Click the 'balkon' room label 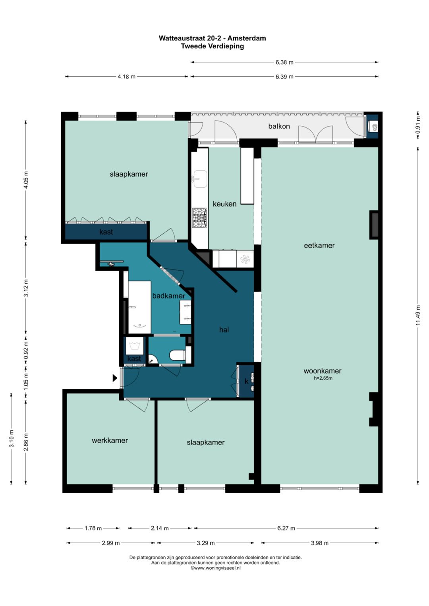pyautogui.click(x=279, y=126)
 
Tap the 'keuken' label pyautogui.click(x=224, y=204)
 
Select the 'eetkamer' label pyautogui.click(x=319, y=245)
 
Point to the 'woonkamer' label pyautogui.click(x=322, y=371)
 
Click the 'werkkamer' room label pyautogui.click(x=110, y=441)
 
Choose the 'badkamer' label pyautogui.click(x=169, y=296)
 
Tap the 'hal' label pyautogui.click(x=224, y=329)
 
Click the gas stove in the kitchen pyautogui.click(x=199, y=217)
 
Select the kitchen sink pyautogui.click(x=200, y=179)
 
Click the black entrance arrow pyautogui.click(x=115, y=378)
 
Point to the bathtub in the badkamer pyautogui.click(x=139, y=307)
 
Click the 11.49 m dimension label pyautogui.click(x=418, y=315)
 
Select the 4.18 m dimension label pyautogui.click(x=126, y=77)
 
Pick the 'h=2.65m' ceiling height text pyautogui.click(x=323, y=378)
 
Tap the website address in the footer pyautogui.click(x=216, y=568)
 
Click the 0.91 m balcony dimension pyautogui.click(x=418, y=125)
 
